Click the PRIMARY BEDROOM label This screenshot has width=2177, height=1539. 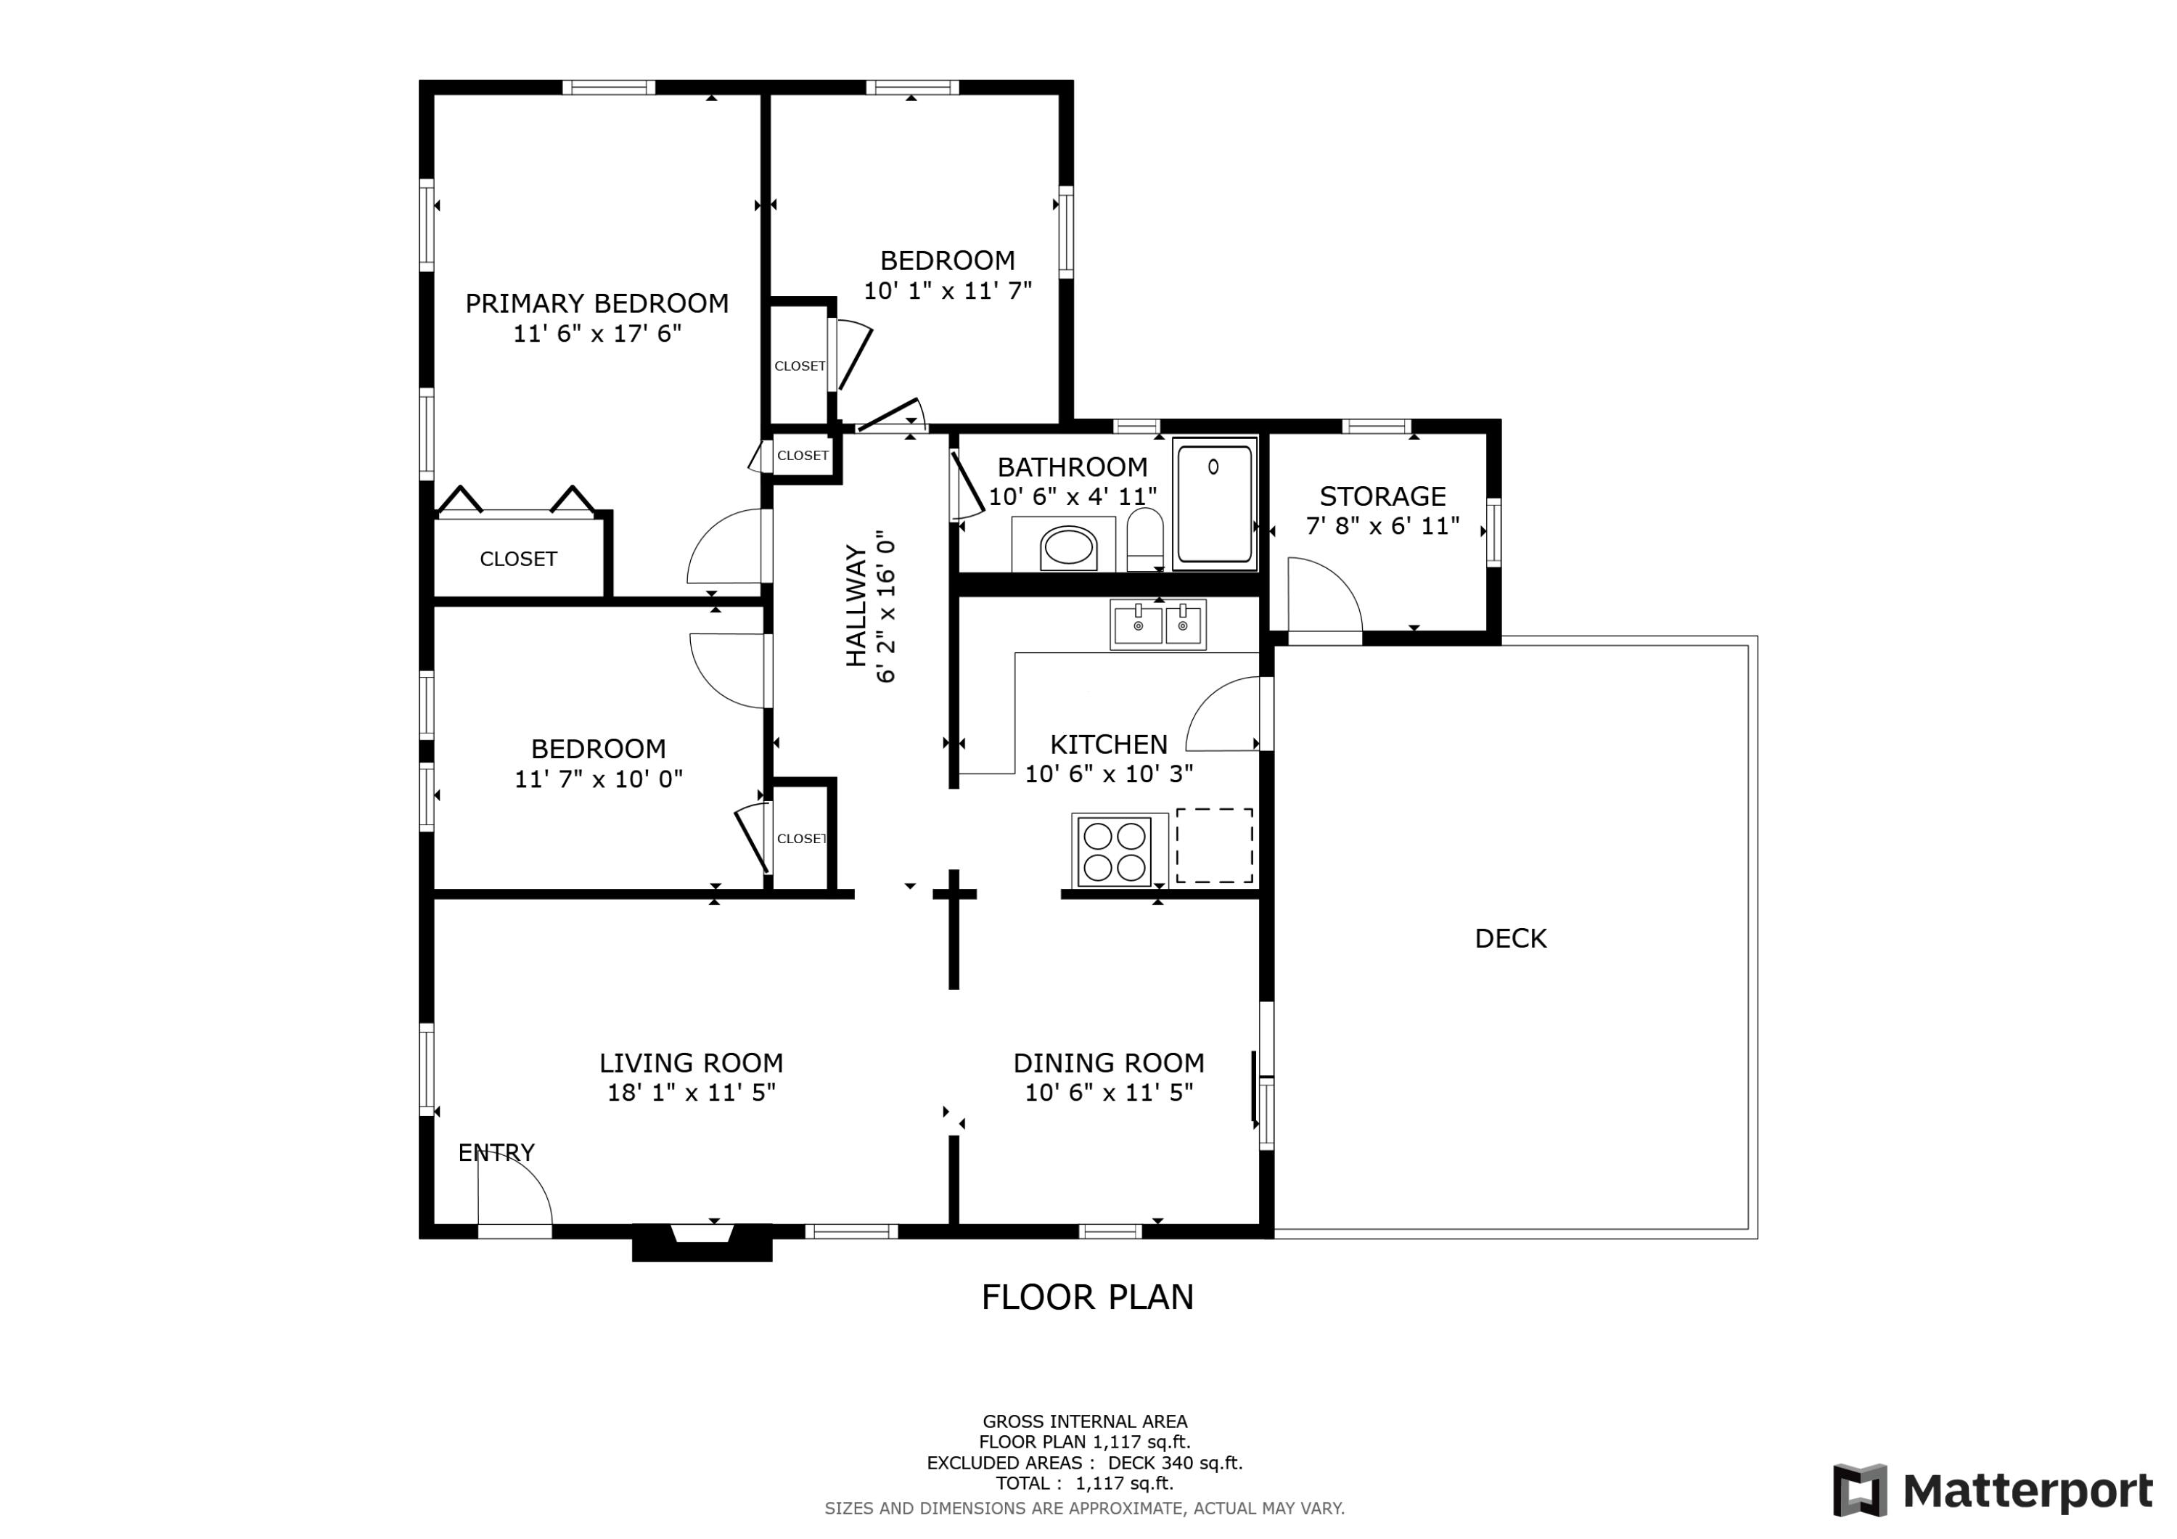point(596,303)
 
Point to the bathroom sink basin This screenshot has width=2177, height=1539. point(1067,547)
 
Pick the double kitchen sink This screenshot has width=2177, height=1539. point(1157,625)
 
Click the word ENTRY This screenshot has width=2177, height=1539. point(496,1152)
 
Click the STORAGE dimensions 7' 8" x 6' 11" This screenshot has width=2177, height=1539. point(1382,525)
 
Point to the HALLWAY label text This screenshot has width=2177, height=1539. point(856,606)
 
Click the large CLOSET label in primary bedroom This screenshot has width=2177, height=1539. point(517,559)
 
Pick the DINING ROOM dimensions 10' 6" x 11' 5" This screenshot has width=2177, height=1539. point(1108,1092)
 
